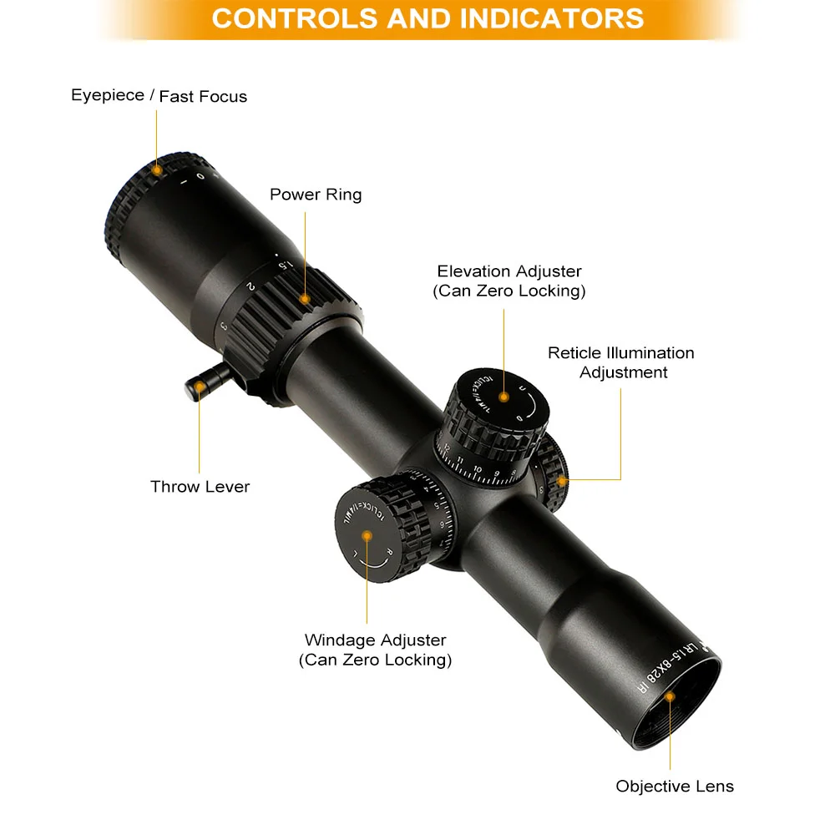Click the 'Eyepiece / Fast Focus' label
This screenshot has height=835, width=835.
coord(159,96)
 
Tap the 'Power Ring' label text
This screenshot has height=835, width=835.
coord(316,195)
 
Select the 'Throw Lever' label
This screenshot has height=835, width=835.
coord(200,486)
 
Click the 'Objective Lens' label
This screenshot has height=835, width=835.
coord(675,786)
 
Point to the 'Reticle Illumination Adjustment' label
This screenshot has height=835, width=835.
coord(621,362)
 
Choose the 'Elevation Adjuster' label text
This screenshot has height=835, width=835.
coord(509,271)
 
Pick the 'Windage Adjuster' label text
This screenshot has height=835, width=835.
coord(375,640)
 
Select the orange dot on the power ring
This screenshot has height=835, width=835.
coord(306,298)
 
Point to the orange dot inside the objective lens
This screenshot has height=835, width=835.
coord(671,705)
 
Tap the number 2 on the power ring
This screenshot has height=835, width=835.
coord(250,286)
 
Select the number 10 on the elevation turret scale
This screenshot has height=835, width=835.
coord(478,468)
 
